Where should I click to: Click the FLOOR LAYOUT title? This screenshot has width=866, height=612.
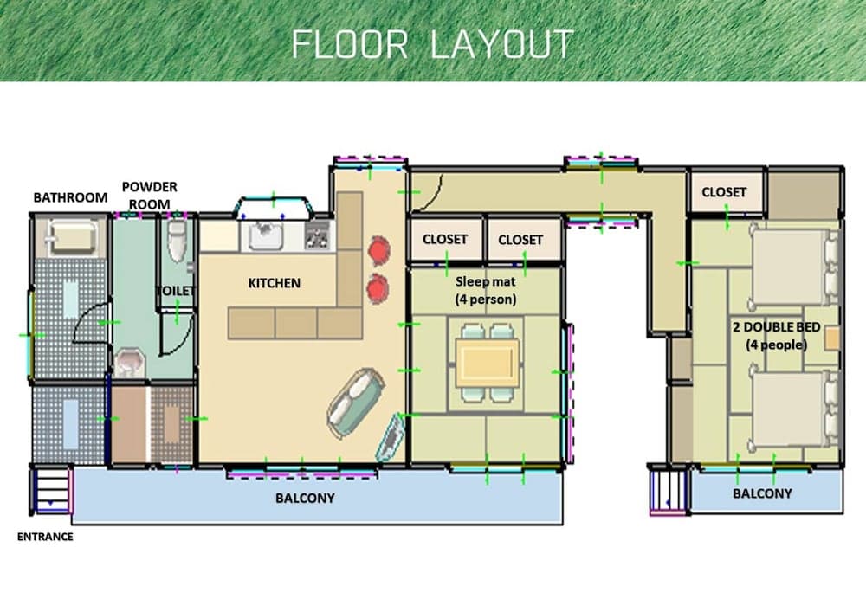tap(432, 43)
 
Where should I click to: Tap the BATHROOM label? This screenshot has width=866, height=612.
tap(70, 197)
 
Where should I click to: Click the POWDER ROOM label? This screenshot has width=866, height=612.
tap(149, 195)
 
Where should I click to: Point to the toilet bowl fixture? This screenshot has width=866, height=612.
tap(177, 241)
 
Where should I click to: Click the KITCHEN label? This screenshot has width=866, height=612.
tap(274, 283)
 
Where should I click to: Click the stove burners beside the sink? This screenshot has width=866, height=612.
tap(317, 234)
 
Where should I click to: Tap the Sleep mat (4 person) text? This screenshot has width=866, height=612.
tap(486, 291)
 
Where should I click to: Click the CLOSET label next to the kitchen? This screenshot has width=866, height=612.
tap(445, 239)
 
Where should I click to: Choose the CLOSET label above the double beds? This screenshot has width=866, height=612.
tap(724, 192)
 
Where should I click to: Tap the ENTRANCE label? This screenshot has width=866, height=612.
tap(45, 537)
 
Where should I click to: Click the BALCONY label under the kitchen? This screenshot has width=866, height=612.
tap(305, 499)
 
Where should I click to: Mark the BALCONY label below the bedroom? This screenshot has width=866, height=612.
tap(762, 493)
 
